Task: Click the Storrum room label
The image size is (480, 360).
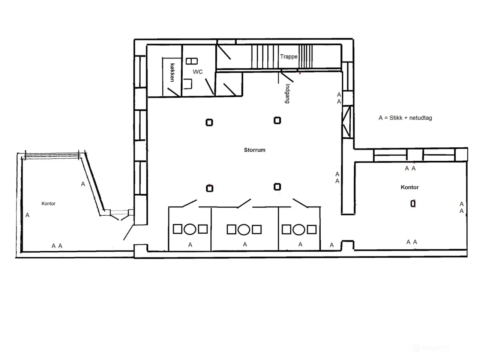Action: (x=255, y=150)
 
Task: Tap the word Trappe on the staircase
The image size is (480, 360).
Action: (x=289, y=57)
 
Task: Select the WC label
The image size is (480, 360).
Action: (x=198, y=72)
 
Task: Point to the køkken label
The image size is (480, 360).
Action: (x=172, y=73)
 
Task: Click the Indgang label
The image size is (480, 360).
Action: (x=287, y=93)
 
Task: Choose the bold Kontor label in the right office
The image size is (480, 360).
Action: (x=409, y=187)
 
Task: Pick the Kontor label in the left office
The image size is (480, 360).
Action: (x=48, y=204)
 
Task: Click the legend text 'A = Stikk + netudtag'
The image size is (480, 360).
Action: (x=405, y=118)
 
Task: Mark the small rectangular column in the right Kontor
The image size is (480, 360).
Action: (x=413, y=204)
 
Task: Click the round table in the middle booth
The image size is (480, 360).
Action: (x=244, y=229)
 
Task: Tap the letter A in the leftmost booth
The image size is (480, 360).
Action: (x=190, y=245)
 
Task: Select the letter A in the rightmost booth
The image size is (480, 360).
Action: (x=300, y=244)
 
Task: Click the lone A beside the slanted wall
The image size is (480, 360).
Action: (x=83, y=184)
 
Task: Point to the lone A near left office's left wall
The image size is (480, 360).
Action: (x=27, y=215)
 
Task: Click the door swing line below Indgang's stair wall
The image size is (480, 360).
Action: (x=287, y=77)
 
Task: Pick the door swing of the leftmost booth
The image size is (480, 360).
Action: (x=189, y=203)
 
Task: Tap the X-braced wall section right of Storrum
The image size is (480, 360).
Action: (x=346, y=122)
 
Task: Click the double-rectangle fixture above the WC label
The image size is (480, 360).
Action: (x=192, y=61)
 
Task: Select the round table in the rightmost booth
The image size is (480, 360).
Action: (x=299, y=229)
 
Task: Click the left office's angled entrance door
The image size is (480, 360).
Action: (x=128, y=232)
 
